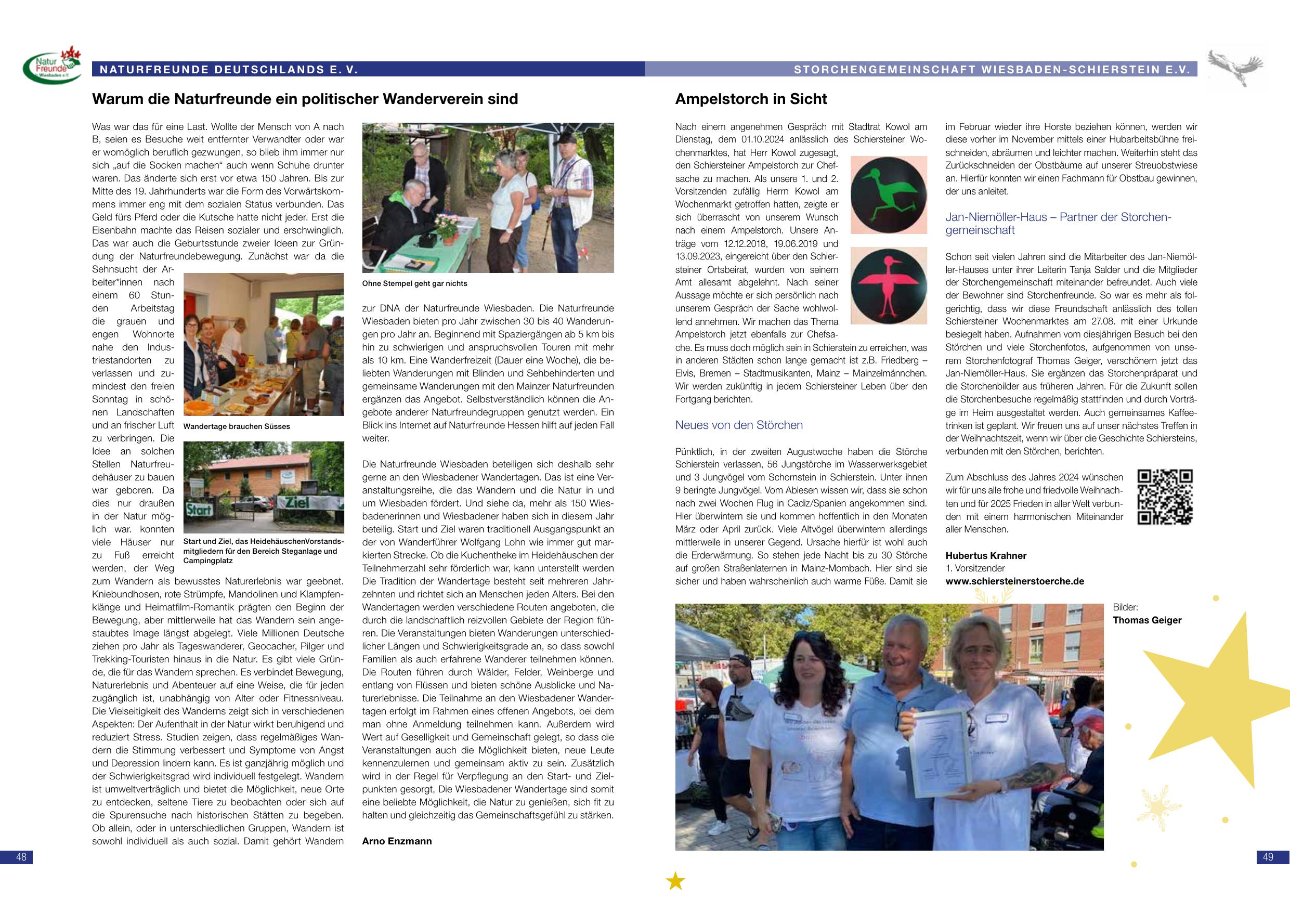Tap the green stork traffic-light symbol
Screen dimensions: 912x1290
click(888, 194)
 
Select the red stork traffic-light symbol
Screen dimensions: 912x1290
click(888, 285)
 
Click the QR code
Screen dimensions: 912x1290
click(1165, 497)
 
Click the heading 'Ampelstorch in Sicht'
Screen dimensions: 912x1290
click(751, 99)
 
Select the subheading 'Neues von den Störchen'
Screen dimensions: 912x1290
click(738, 425)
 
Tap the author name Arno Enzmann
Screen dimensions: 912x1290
click(397, 841)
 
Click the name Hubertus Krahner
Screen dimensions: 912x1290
click(985, 556)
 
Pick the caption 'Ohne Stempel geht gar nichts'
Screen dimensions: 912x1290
click(414, 284)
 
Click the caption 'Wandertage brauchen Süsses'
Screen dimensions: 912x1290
click(237, 426)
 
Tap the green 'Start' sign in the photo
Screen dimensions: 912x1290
click(199, 510)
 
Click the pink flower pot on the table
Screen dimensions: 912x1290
click(447, 228)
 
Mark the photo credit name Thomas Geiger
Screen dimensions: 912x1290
click(1146, 620)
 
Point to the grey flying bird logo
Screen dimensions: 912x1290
click(1236, 68)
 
